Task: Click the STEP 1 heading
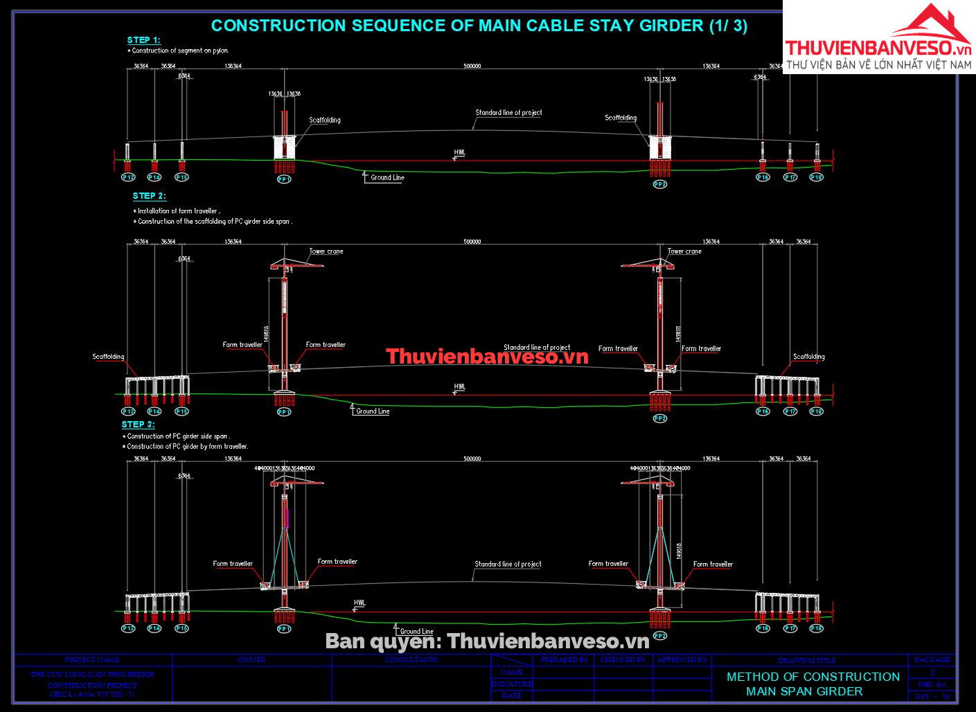coord(143,40)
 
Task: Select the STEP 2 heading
coord(149,196)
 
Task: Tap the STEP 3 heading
coord(138,424)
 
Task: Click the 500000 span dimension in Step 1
coord(472,66)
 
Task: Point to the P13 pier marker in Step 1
coord(128,177)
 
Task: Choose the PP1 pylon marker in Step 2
coord(284,412)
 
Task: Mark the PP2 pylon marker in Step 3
coord(659,636)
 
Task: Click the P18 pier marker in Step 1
coord(817,177)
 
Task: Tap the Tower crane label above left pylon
coord(326,251)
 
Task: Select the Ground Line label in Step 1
coord(387,178)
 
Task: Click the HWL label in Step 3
coord(360,603)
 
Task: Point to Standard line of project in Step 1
coord(508,112)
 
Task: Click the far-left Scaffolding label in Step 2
coord(108,357)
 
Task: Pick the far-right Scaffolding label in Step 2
coord(808,357)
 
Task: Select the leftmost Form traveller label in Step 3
coord(233,564)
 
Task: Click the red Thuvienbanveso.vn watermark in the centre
coord(487,357)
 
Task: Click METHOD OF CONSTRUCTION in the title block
coord(813,677)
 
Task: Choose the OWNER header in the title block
coord(251,659)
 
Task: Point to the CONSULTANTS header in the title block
coord(411,659)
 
